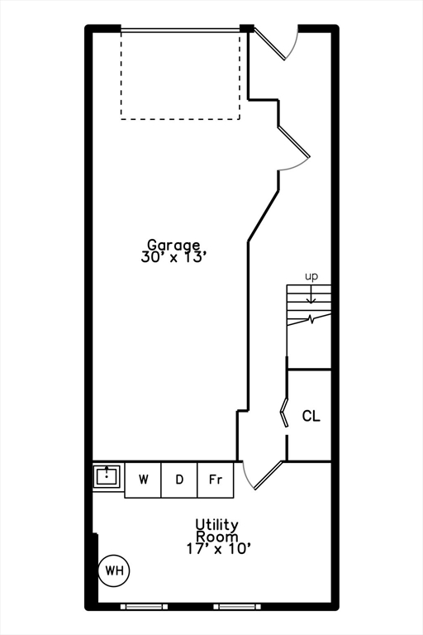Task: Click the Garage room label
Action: [x=173, y=246]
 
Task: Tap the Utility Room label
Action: [x=217, y=531]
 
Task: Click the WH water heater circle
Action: [x=114, y=571]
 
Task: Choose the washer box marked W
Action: [x=143, y=480]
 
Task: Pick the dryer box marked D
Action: [x=179, y=480]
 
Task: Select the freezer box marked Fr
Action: [x=216, y=480]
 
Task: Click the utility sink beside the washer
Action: [x=107, y=476]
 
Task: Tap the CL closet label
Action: [x=311, y=416]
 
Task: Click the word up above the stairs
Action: [x=311, y=277]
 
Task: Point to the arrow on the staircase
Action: [x=311, y=294]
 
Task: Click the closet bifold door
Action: [x=284, y=413]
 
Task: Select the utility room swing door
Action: [x=268, y=475]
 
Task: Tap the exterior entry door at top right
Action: [x=270, y=44]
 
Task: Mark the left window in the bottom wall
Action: [x=144, y=607]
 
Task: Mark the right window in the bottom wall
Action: [x=237, y=607]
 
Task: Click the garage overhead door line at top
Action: [x=180, y=30]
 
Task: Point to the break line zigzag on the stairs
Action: [x=309, y=319]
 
